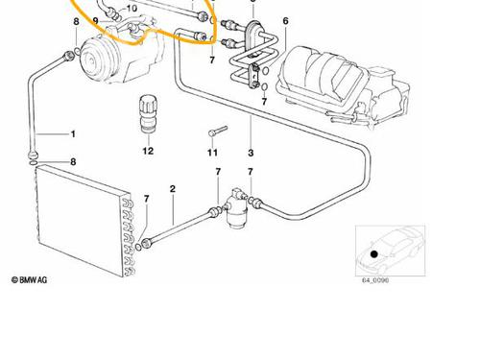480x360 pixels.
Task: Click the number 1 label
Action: point(73,133)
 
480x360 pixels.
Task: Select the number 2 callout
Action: point(173,189)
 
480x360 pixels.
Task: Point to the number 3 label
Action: point(251,153)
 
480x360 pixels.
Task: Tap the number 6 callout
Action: point(285,21)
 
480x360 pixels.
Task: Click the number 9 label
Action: point(95,21)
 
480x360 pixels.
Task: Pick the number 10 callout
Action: point(132,8)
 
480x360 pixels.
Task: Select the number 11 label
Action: point(212,153)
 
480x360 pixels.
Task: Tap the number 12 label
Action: point(148,151)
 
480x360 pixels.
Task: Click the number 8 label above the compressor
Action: point(76,21)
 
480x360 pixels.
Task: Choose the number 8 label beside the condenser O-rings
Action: point(73,161)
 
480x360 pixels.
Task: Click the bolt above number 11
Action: point(218,132)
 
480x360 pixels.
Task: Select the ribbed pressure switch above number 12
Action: point(148,112)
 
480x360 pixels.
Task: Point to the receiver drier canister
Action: point(236,208)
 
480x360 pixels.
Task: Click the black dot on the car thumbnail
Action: point(374,254)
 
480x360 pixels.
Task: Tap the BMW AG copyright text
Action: point(29,280)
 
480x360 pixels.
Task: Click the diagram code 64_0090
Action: point(375,280)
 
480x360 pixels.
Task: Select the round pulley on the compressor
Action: point(94,60)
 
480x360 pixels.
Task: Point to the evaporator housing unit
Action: point(343,86)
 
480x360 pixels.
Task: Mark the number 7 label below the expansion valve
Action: point(264,102)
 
